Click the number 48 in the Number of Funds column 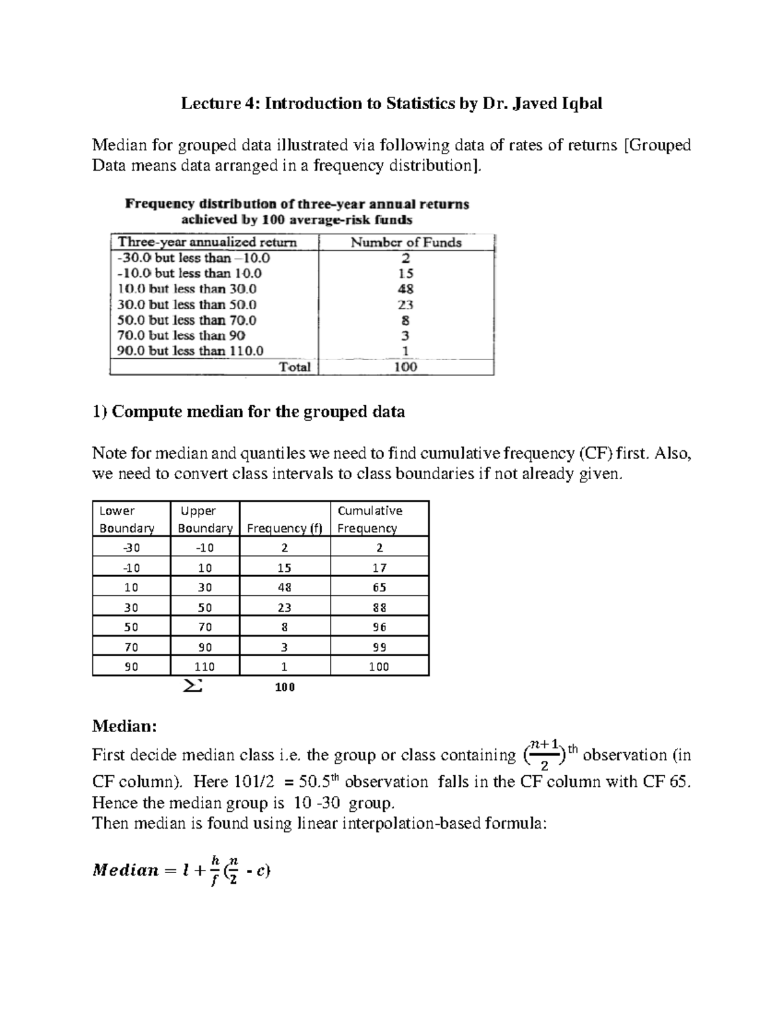[405, 289]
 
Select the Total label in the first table [295, 367]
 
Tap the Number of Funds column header [406, 242]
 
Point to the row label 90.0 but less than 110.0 [190, 351]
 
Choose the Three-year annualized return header [206, 242]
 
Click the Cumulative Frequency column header [370, 520]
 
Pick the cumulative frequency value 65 [380, 588]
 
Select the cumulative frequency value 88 [380, 608]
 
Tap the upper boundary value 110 [204, 667]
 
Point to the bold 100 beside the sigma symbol [285, 688]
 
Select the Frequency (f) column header [285, 528]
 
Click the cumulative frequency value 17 [380, 568]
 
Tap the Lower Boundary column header [127, 520]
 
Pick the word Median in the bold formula [126, 871]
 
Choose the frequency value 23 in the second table [284, 608]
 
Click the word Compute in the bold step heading [148, 412]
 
